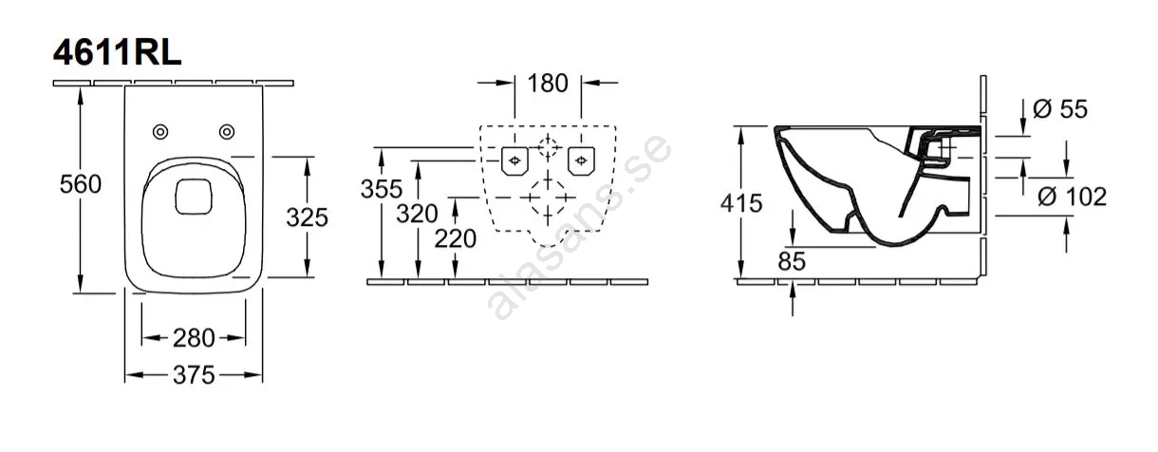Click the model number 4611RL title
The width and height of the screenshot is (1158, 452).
point(118,53)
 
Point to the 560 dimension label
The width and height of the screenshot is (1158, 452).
point(81,184)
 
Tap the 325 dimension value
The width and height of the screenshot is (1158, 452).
point(308,217)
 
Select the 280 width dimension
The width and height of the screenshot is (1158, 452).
point(194,338)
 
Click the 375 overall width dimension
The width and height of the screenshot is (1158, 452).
point(194,375)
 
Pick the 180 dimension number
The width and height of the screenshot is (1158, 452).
point(548,84)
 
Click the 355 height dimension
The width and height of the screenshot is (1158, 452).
point(382,189)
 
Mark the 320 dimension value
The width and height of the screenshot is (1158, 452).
point(418,214)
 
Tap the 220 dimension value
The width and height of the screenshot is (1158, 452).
point(456,239)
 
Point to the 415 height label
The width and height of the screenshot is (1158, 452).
point(741,203)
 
